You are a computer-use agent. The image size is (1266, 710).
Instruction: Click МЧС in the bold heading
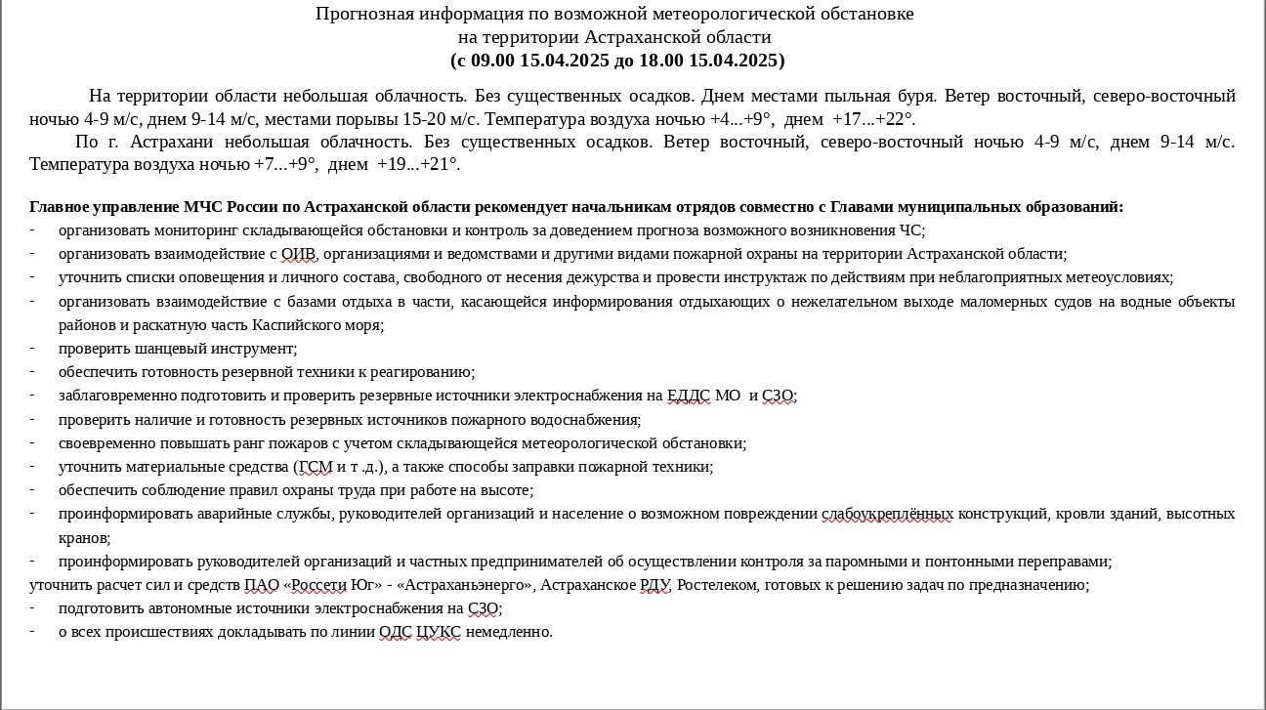pos(203,207)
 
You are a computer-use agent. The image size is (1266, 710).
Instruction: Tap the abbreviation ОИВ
pos(297,254)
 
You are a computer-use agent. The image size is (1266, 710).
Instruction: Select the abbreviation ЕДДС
pos(689,396)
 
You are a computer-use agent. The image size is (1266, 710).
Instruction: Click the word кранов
pos(82,537)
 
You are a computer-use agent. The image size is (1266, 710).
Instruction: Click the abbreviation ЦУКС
pos(439,632)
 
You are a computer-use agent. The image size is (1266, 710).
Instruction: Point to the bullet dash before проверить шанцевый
pos(32,348)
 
